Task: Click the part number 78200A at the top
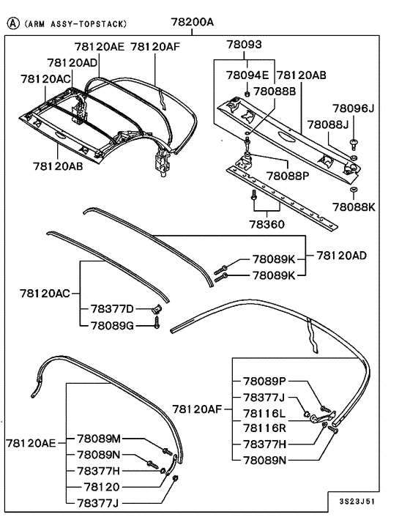pyautogui.click(x=193, y=22)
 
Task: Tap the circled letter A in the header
pyautogui.click(x=12, y=23)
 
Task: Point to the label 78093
pyautogui.click(x=243, y=45)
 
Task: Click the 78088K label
pyautogui.click(x=354, y=207)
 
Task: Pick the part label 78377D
pyautogui.click(x=112, y=309)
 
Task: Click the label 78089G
pyautogui.click(x=112, y=325)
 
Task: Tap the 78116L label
pyautogui.click(x=265, y=414)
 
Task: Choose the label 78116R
pyautogui.click(x=265, y=427)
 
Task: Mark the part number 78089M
pyautogui.click(x=99, y=439)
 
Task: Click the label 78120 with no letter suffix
pyautogui.click(x=102, y=487)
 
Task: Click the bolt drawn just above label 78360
pyautogui.click(x=253, y=197)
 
